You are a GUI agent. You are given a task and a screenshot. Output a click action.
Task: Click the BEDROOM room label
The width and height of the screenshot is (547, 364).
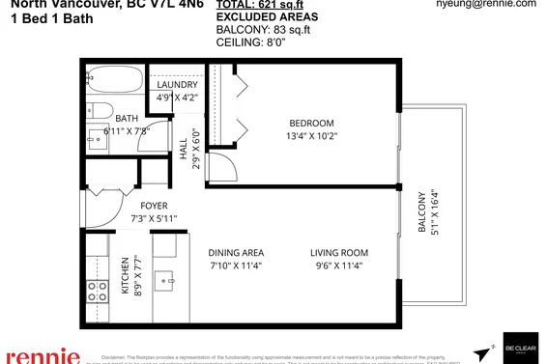pyautogui.click(x=311, y=123)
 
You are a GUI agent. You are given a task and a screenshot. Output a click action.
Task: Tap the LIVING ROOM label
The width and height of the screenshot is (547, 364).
pyautogui.click(x=339, y=252)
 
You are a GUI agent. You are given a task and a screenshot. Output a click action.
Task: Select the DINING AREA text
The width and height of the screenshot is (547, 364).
pyautogui.click(x=236, y=252)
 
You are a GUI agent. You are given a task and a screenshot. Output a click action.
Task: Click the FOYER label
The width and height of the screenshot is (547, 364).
pyautogui.click(x=154, y=206)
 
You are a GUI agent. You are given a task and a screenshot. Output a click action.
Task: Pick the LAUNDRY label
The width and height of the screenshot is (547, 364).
pyautogui.click(x=177, y=84)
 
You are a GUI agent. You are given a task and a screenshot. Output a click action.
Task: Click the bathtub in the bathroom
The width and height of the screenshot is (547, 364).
pyautogui.click(x=115, y=80)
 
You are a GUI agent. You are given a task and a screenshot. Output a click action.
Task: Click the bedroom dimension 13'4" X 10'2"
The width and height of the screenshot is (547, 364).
pyautogui.click(x=311, y=136)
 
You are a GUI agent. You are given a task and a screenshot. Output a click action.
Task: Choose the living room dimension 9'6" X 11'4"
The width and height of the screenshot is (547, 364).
pyautogui.click(x=339, y=265)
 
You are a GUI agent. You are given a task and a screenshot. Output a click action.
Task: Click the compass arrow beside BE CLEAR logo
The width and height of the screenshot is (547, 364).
pyautogui.click(x=480, y=352)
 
